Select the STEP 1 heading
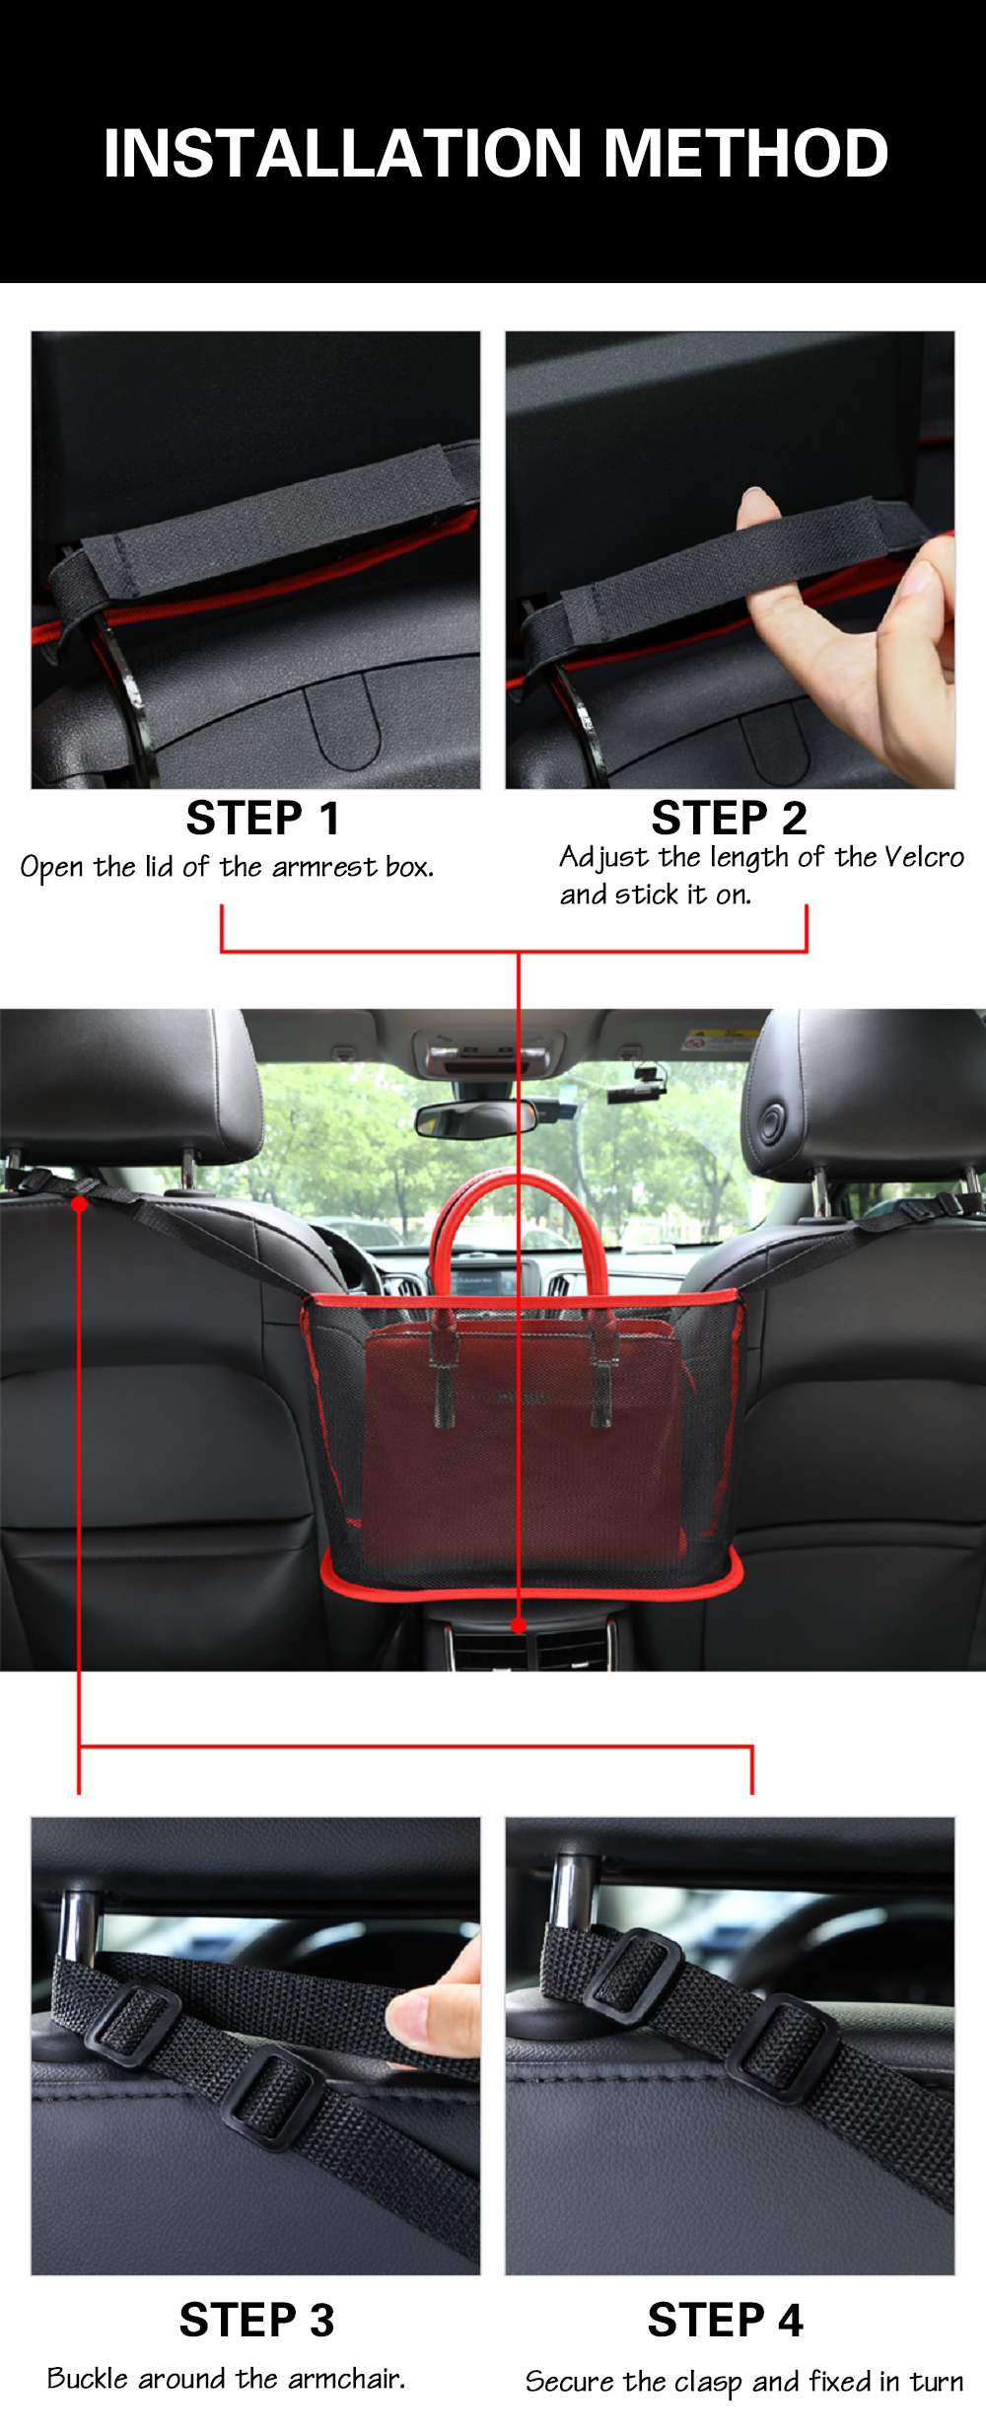(263, 819)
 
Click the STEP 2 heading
(729, 819)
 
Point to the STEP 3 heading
(256, 2321)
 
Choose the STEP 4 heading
(726, 2321)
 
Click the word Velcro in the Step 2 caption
(923, 857)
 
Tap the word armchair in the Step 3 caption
(346, 2378)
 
